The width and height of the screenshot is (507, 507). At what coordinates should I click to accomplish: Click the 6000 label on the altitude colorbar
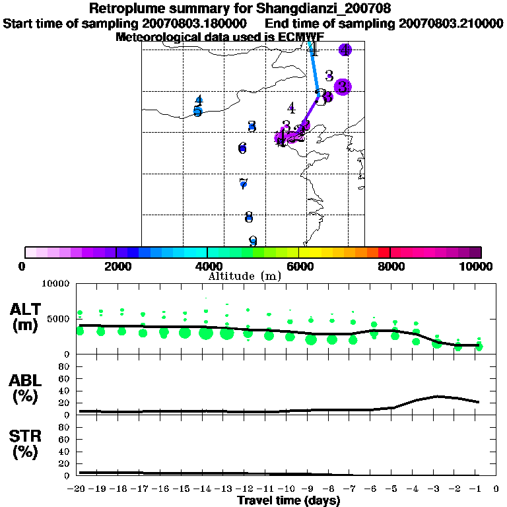click(299, 266)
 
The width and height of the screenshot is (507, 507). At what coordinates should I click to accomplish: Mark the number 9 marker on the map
click(252, 242)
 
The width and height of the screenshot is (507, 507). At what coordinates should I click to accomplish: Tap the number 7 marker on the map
click(243, 183)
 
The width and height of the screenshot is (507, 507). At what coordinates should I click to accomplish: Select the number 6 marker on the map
click(242, 148)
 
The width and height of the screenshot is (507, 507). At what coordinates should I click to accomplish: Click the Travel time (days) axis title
click(288, 501)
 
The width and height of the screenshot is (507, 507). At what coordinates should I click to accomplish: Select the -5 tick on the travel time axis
click(393, 489)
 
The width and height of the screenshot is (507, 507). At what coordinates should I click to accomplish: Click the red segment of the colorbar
click(384, 252)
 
